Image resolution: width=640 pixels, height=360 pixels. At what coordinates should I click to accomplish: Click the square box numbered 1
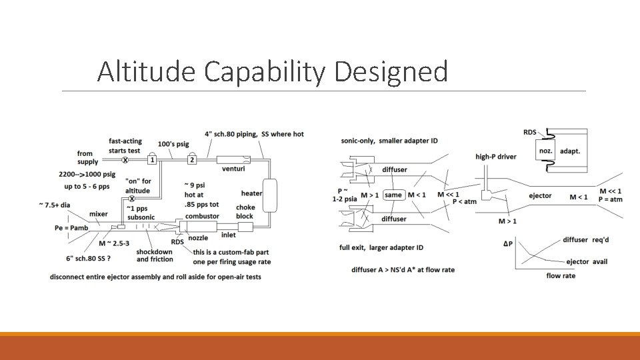point(152,160)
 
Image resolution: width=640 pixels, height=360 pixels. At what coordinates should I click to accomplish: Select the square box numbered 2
point(193,160)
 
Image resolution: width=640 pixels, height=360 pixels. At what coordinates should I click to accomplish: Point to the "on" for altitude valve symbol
point(132,199)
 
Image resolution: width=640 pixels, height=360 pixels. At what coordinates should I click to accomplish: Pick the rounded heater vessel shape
point(270,193)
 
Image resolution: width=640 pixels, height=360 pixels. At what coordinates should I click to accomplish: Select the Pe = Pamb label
point(71,228)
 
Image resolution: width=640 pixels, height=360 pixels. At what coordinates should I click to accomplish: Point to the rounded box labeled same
point(393,195)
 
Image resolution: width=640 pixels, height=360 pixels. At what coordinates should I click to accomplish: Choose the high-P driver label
point(495,157)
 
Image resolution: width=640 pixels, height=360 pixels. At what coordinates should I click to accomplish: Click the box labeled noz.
point(545,151)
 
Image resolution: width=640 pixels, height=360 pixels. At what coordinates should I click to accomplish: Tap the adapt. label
point(570,151)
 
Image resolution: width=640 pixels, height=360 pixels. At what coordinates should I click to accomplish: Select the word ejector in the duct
point(540,196)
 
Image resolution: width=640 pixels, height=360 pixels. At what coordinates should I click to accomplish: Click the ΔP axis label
point(508,244)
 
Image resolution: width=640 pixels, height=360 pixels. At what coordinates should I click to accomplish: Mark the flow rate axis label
point(561,275)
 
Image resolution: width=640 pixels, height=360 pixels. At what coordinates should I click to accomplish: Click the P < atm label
point(465,201)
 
